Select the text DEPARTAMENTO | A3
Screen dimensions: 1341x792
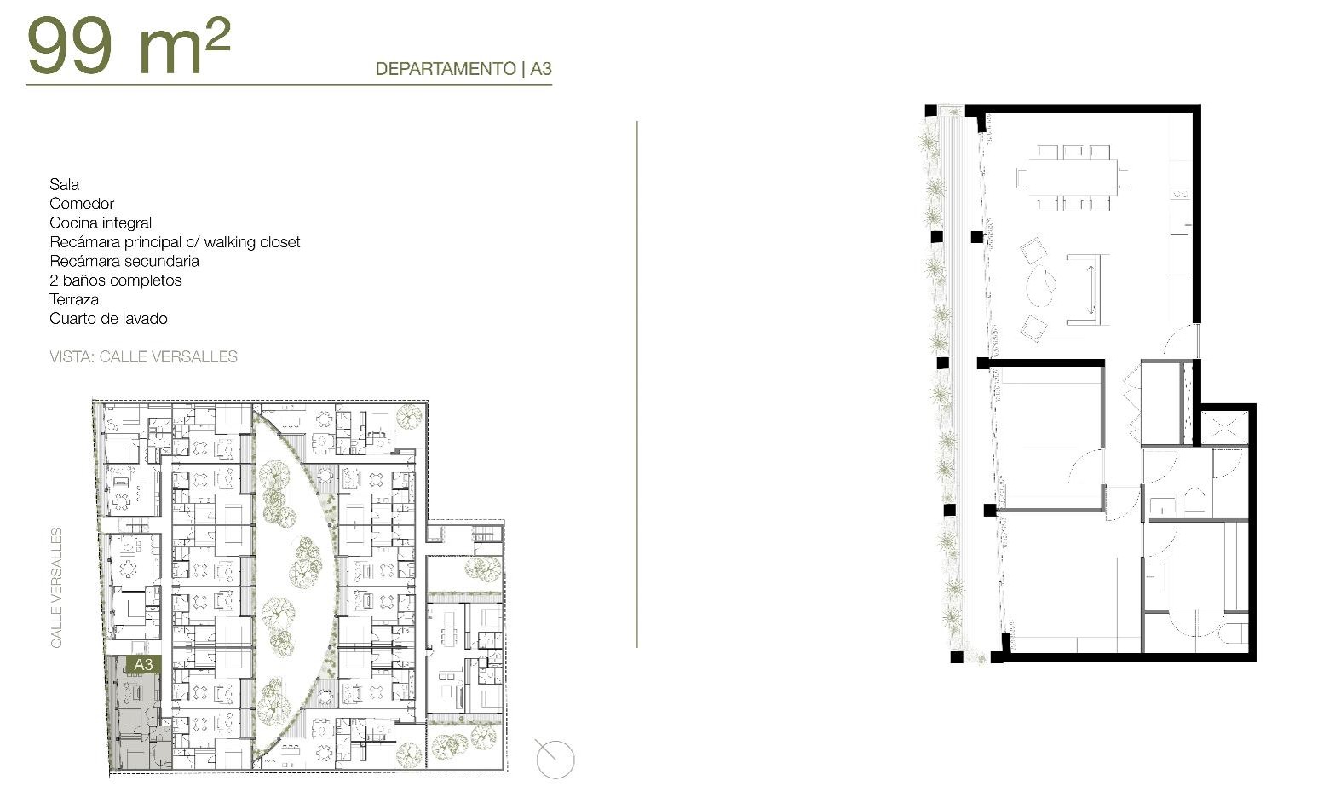click(x=463, y=69)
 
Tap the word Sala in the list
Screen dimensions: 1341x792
click(x=64, y=184)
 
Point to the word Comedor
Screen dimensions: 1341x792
click(x=82, y=204)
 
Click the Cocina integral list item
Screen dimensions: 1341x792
click(x=101, y=223)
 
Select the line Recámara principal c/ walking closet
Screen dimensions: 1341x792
click(x=175, y=242)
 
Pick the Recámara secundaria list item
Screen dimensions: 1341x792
click(x=124, y=261)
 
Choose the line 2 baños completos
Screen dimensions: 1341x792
click(x=116, y=280)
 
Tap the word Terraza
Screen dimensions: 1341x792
click(x=74, y=299)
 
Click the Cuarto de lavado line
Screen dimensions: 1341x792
click(x=108, y=319)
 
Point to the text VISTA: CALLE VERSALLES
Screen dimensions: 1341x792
click(x=144, y=357)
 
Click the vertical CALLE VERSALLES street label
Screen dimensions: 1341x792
click(x=56, y=587)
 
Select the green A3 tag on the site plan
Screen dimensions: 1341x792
click(x=143, y=664)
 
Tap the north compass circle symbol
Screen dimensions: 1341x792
click(x=555, y=759)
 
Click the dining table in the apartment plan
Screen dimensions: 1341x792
click(x=1073, y=177)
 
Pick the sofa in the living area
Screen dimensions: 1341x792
click(x=1089, y=289)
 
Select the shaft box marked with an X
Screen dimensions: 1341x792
click(x=1223, y=426)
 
